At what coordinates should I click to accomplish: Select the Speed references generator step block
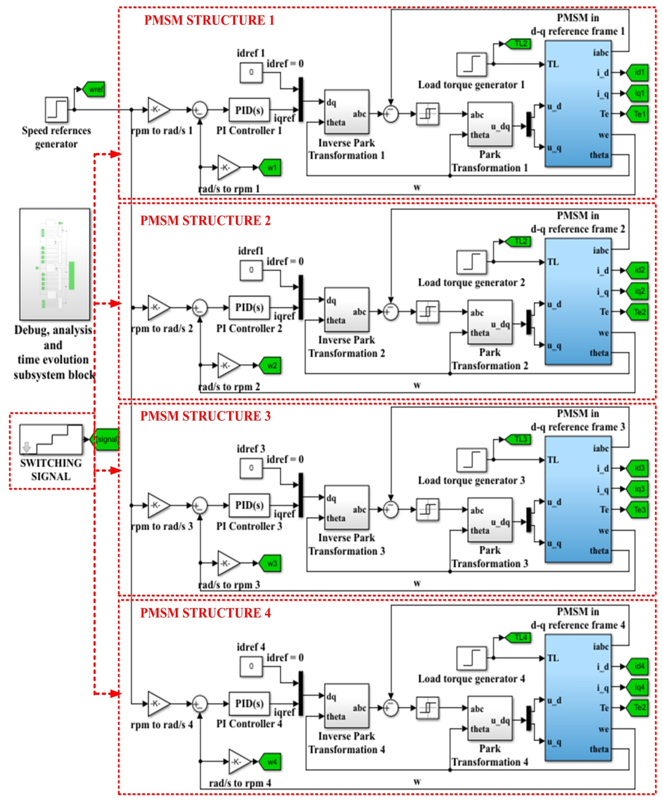tap(56, 110)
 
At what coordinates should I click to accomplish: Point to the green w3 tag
tap(271, 563)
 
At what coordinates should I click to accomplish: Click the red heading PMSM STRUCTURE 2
tap(205, 221)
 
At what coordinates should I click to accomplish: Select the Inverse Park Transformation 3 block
tap(346, 507)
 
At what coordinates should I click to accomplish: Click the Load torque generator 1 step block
tap(471, 64)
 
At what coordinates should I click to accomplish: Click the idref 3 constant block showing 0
tap(251, 468)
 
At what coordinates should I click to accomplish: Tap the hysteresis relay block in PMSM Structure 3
tap(427, 509)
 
